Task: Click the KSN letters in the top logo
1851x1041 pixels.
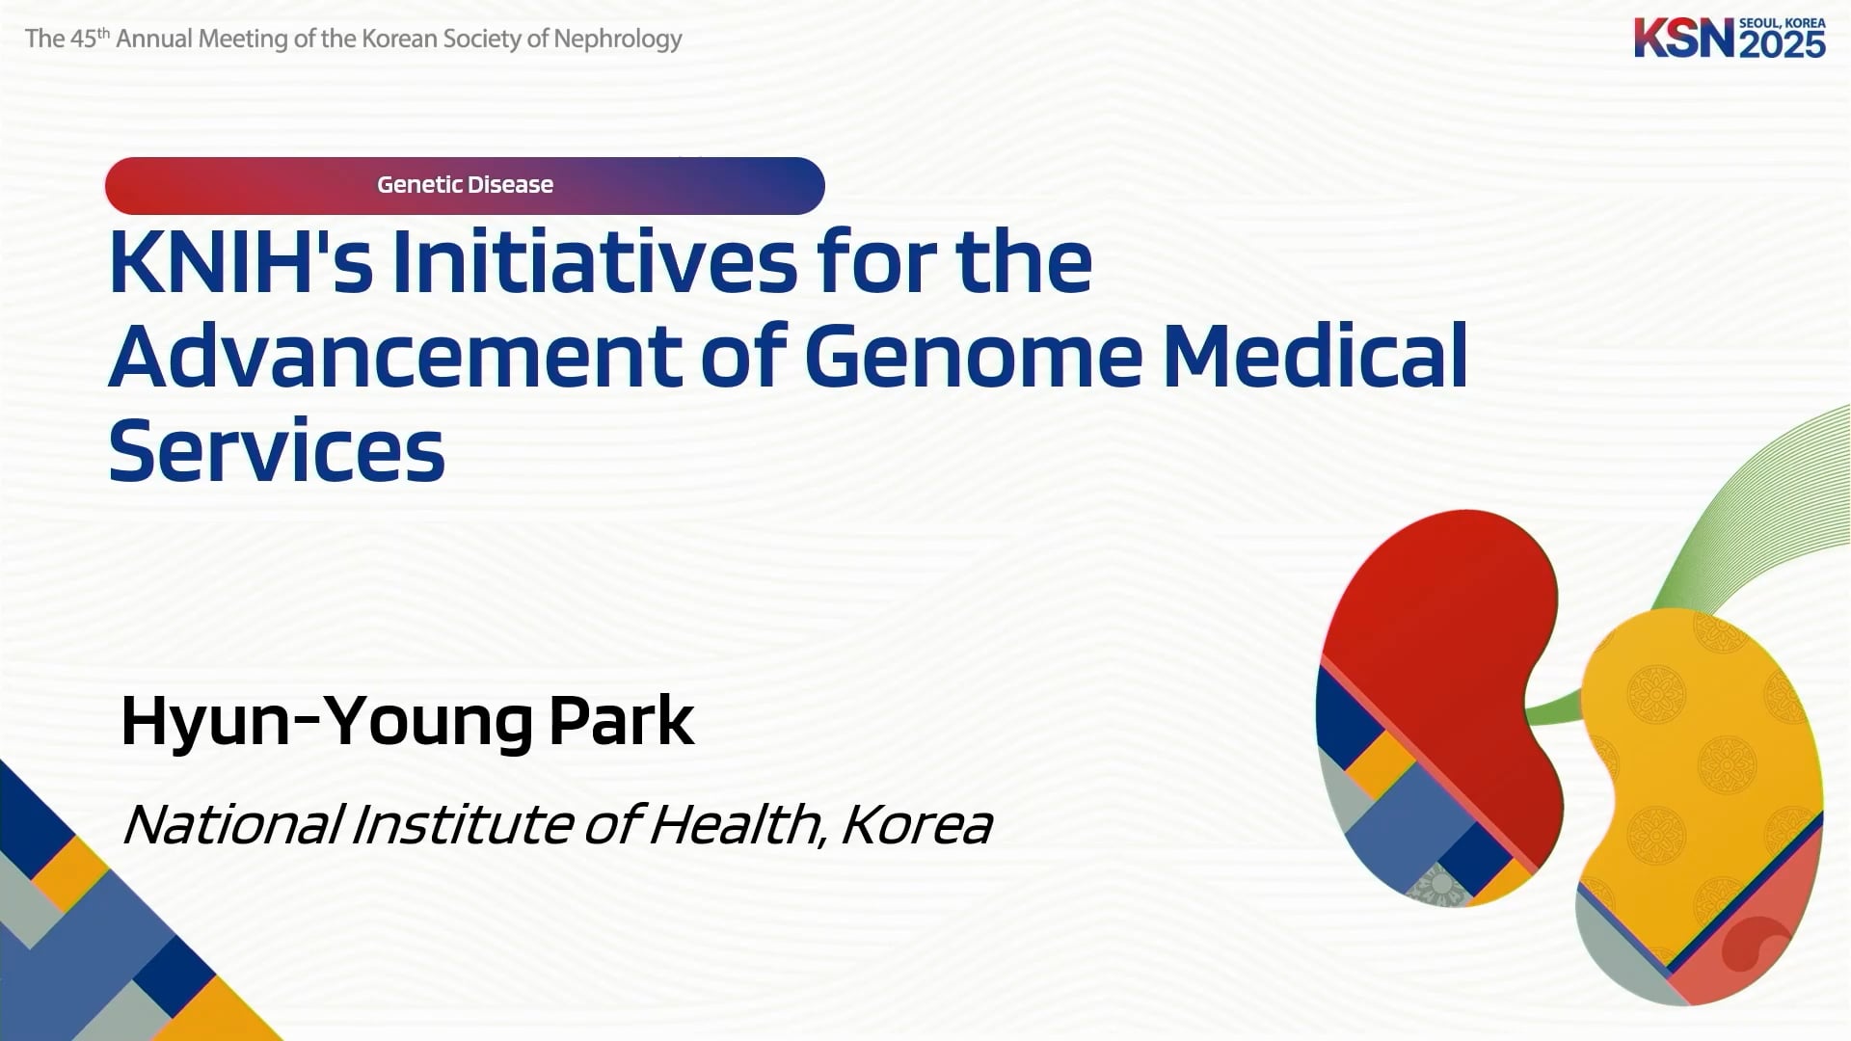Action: coord(1684,38)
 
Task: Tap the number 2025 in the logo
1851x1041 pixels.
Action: coord(1783,44)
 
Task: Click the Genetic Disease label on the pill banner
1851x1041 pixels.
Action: coord(465,184)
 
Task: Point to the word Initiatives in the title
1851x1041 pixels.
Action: coord(594,261)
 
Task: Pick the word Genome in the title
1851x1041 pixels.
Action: coord(973,356)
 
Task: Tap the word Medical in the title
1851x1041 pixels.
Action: coord(1315,356)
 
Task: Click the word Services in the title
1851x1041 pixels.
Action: coord(277,450)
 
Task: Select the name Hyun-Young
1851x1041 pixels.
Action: coord(327,721)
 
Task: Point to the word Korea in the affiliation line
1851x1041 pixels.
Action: coord(917,825)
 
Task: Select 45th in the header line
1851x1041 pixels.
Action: coord(91,38)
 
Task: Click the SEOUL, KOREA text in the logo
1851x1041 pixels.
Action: coord(1783,22)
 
